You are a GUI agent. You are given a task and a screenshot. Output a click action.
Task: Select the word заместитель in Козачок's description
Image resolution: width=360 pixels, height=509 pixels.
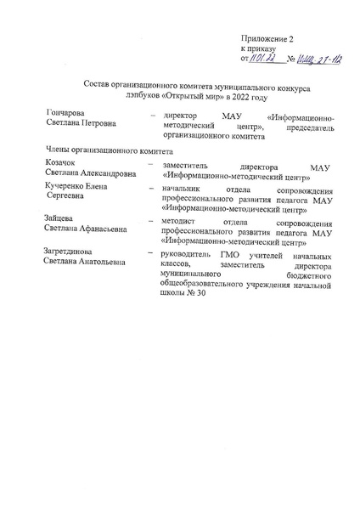click(187, 165)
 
